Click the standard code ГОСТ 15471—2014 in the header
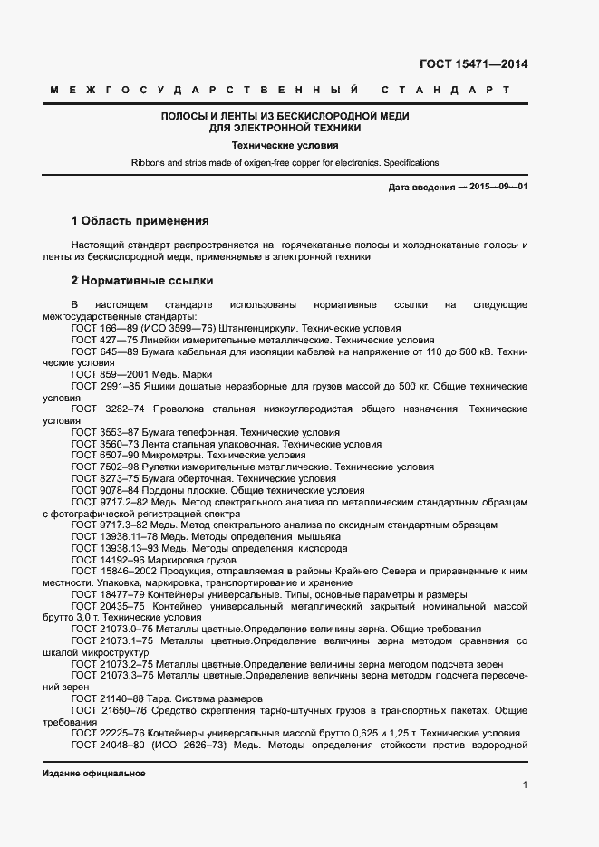(473, 64)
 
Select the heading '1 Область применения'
(140, 220)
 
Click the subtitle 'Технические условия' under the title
(285, 144)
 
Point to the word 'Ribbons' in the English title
(149, 163)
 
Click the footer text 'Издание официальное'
(93, 774)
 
